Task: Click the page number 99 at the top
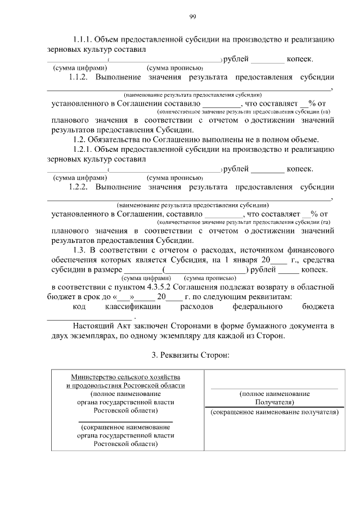192,17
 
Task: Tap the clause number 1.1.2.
79,77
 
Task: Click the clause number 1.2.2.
79,187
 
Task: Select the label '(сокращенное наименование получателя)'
274,412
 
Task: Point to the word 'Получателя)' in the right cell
274,403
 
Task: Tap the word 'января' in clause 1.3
242,260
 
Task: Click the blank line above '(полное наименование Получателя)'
274,388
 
